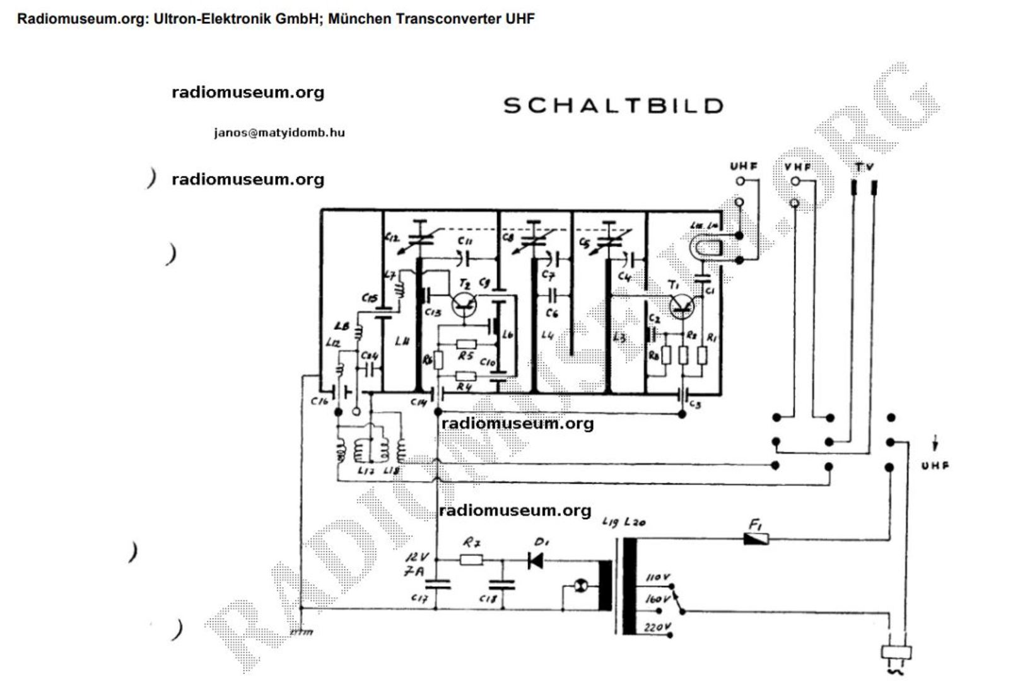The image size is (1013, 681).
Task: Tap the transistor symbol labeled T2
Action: point(464,306)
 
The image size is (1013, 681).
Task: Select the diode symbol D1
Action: point(536,560)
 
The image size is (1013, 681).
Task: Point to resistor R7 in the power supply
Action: point(471,559)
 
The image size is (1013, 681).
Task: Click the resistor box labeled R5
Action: point(466,344)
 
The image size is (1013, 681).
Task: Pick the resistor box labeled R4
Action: point(466,376)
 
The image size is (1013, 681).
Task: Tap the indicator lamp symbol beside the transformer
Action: point(582,587)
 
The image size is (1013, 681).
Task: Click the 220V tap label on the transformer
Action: point(658,627)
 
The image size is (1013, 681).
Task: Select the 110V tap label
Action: point(658,577)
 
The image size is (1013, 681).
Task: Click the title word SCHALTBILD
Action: point(613,105)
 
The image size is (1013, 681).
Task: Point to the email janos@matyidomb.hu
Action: point(279,133)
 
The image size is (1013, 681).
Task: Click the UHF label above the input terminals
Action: point(744,166)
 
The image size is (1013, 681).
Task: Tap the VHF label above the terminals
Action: point(798,167)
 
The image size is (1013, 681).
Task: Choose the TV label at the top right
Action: point(864,167)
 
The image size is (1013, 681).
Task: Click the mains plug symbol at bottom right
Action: point(896,655)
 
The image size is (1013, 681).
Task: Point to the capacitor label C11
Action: point(466,240)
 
